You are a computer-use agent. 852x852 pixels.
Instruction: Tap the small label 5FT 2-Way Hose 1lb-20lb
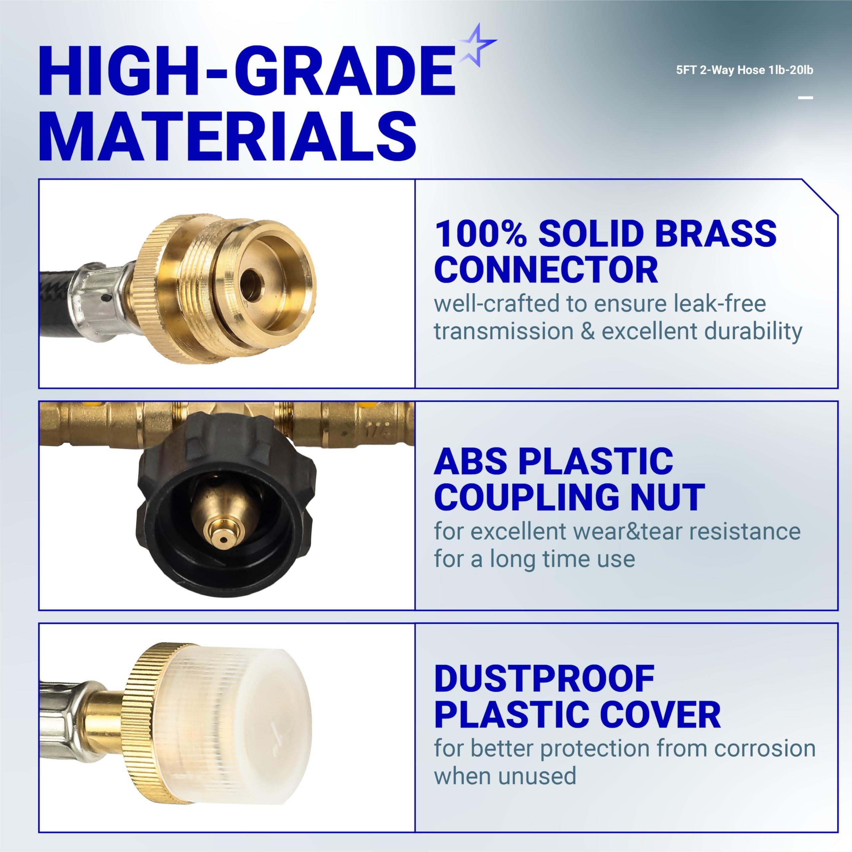[745, 70]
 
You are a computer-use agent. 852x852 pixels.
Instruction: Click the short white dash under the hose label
[805, 98]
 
